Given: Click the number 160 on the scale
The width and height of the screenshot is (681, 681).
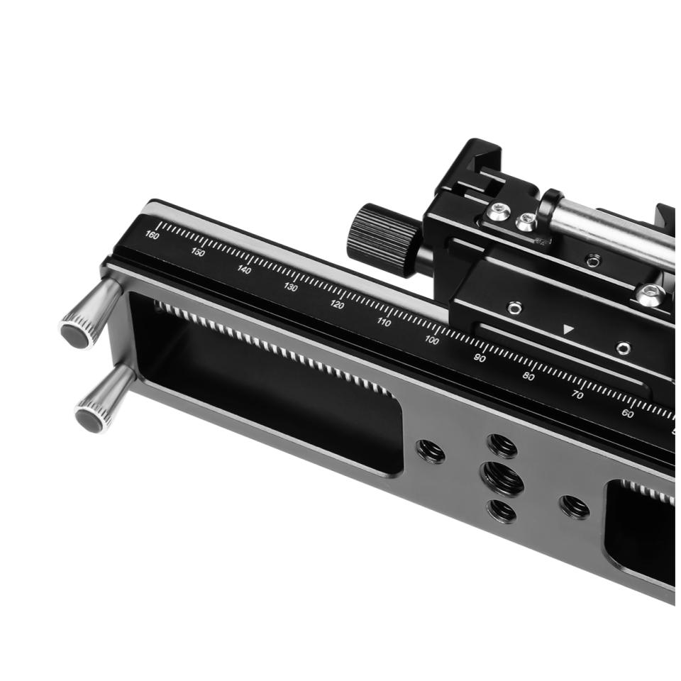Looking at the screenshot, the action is point(152,236).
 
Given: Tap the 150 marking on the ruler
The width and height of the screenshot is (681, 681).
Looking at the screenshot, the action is point(198,252).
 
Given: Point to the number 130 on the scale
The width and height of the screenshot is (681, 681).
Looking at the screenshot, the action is point(291,287).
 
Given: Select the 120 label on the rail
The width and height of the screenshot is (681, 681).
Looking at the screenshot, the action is point(337,304).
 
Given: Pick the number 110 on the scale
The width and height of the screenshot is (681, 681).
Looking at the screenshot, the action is point(384,322).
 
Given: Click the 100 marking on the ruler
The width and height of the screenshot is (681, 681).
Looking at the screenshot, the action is point(432,340).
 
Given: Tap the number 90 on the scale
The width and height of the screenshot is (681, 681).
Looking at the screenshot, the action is point(480,358).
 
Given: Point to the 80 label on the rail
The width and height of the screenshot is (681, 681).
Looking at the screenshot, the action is point(528,377).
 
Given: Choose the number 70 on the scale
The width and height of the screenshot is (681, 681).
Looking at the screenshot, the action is point(577,395).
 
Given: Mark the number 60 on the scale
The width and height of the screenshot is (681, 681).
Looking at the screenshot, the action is point(627,414).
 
